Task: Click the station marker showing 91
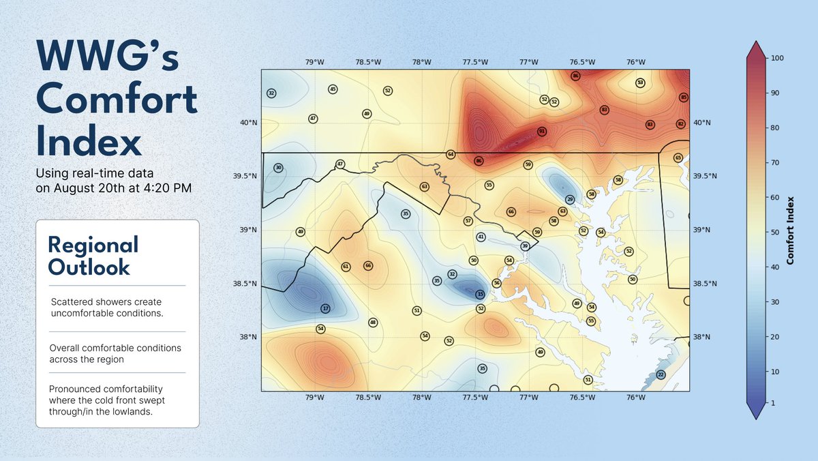click(x=541, y=131)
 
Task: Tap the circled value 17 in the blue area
click(x=325, y=308)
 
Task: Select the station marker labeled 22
click(x=661, y=374)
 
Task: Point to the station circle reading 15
click(x=480, y=294)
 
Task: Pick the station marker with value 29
click(x=570, y=199)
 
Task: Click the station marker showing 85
click(x=684, y=98)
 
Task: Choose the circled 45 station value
click(x=333, y=89)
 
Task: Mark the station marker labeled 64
click(x=451, y=155)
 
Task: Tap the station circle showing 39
click(x=524, y=246)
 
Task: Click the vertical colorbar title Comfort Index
click(x=790, y=230)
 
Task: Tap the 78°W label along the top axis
click(x=422, y=62)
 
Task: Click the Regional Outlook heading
click(x=93, y=256)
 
